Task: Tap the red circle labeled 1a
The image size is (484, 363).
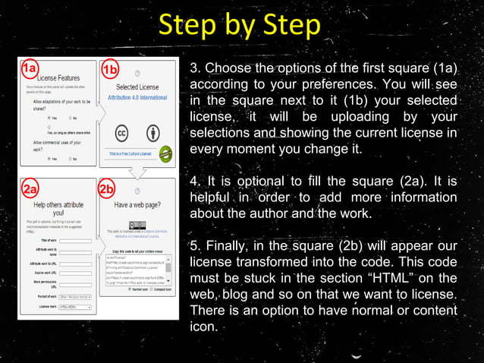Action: point(29,69)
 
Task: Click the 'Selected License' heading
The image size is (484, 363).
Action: point(137,88)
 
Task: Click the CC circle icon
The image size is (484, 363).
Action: point(121,131)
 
